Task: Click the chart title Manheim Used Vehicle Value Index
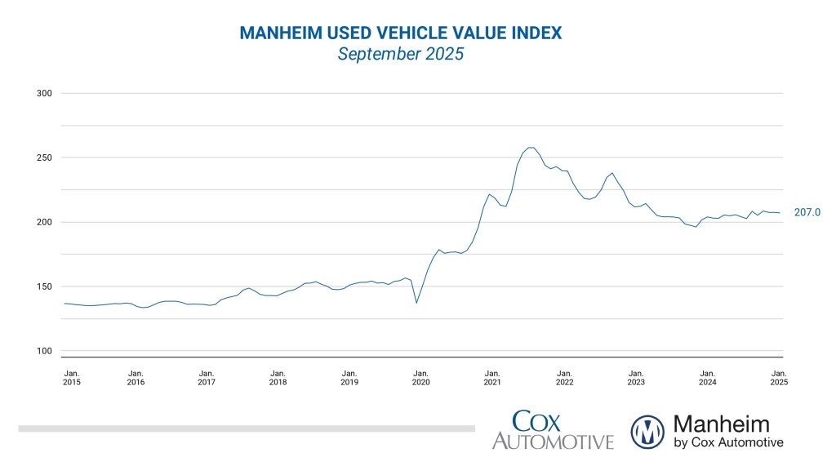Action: pyautogui.click(x=400, y=33)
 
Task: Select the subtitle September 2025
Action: pyautogui.click(x=400, y=55)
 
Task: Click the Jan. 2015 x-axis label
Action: pyautogui.click(x=72, y=377)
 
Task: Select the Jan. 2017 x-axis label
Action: pyautogui.click(x=207, y=377)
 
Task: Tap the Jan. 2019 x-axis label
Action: pyautogui.click(x=349, y=377)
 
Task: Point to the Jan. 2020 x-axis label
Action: pyautogui.click(x=420, y=377)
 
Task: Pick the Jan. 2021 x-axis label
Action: pyautogui.click(x=492, y=377)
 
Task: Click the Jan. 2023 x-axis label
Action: pyautogui.click(x=636, y=377)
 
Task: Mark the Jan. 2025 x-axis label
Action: pyautogui.click(x=779, y=377)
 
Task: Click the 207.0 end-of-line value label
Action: pyautogui.click(x=807, y=213)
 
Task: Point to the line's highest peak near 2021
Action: pyautogui.click(x=531, y=148)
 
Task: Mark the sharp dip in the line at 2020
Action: pyautogui.click(x=416, y=303)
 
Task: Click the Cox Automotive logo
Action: pyautogui.click(x=553, y=430)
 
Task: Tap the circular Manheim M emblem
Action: pyautogui.click(x=648, y=431)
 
